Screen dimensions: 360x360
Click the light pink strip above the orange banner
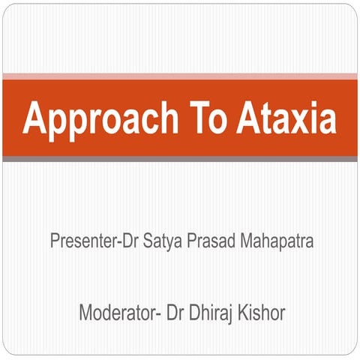[x=180, y=76]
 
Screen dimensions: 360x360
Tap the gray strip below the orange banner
[x=180, y=158]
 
